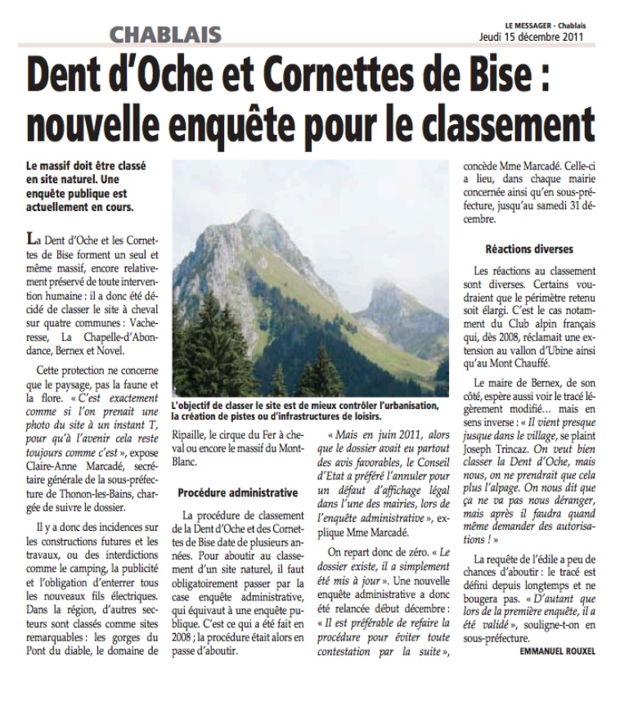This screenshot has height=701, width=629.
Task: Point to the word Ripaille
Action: [x=193, y=448]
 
